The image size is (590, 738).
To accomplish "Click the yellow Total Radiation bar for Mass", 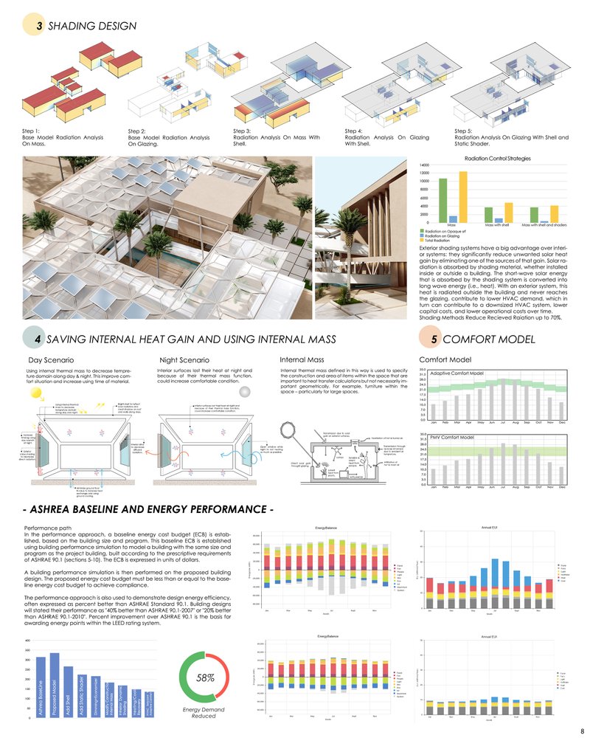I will (463, 196).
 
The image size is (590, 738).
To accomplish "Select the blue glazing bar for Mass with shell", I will (500, 220).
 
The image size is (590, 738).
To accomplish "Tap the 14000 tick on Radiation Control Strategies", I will (424, 165).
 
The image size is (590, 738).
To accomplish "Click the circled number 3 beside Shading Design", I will (38, 26).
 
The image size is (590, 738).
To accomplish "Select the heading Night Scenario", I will (183, 360).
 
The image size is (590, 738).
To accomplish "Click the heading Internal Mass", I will (300, 360).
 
